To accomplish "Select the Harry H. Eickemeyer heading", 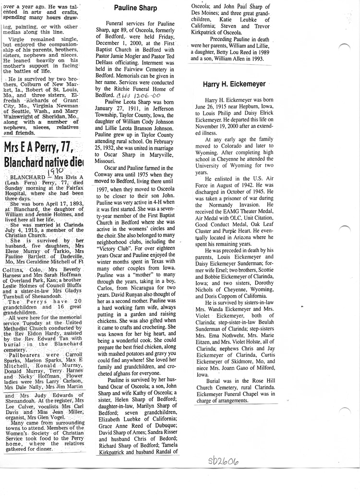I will click(x=234, y=84).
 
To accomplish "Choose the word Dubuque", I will click(x=161, y=423).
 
